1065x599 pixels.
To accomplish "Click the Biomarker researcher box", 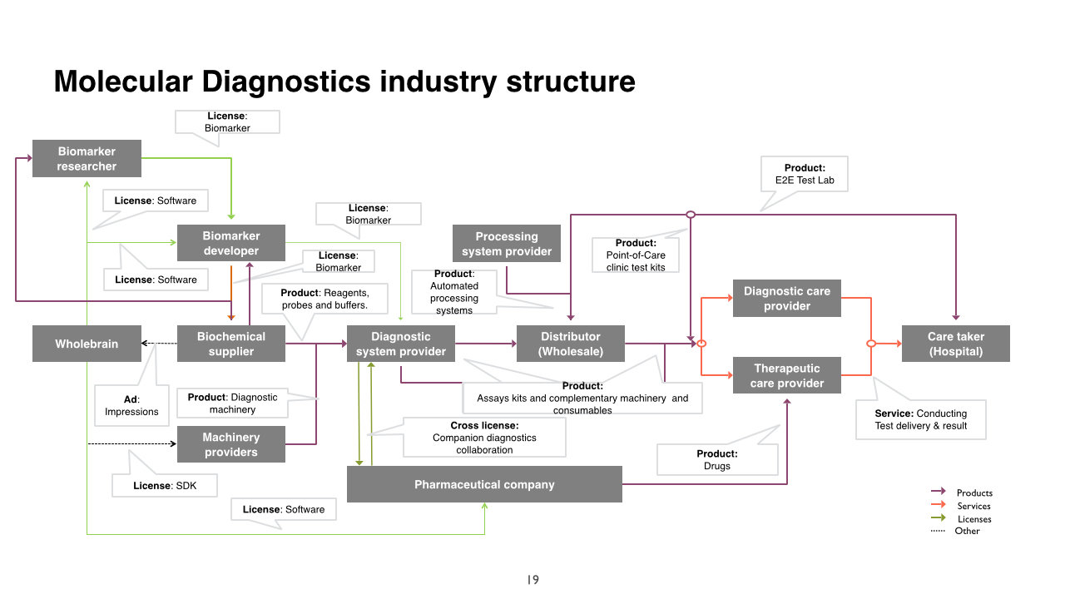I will click(87, 159).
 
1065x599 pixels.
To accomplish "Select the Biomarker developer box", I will click(230, 243).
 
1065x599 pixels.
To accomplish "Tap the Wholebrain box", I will click(87, 344).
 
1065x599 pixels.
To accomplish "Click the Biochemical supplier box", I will click(230, 344).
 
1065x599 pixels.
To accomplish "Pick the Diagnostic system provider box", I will click(400, 344).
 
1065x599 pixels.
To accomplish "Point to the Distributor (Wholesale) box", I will click(570, 344).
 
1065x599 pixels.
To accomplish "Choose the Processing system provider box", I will click(506, 244).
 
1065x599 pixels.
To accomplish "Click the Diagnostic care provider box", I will click(786, 299).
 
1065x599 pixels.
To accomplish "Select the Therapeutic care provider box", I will click(786, 375).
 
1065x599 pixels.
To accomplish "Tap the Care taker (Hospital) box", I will click(955, 344).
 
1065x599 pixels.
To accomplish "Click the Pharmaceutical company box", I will click(483, 484).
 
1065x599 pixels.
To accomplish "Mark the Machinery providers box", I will click(230, 444).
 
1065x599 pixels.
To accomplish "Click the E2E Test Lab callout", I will click(804, 174).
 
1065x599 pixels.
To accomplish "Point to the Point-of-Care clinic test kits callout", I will click(635, 255).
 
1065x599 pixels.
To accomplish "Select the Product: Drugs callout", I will click(716, 459).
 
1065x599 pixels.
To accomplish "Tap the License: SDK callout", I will click(165, 485).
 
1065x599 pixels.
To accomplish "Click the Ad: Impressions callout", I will click(131, 405).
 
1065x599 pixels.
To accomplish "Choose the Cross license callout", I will click(484, 437).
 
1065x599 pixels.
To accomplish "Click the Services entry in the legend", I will click(973, 506).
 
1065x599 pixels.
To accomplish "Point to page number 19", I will click(532, 580).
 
